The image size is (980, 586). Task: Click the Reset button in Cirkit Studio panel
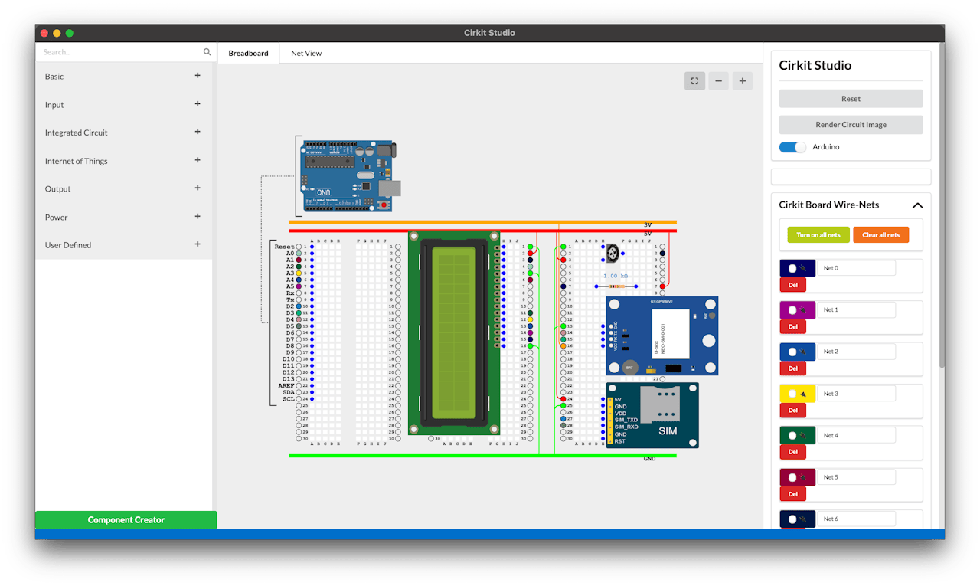851,99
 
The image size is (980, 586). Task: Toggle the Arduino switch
792,147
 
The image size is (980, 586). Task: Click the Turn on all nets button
818,234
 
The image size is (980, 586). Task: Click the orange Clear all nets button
880,234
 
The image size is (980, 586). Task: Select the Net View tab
305,54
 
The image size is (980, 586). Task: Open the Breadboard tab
248,54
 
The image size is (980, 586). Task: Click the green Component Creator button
126,520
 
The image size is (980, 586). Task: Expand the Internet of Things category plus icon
198,160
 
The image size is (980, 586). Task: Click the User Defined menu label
68,245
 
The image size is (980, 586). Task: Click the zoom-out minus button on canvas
717,80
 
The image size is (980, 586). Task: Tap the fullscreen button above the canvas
694,80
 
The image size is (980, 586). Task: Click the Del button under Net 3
792,410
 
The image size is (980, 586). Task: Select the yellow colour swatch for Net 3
797,394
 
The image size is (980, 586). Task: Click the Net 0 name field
856,268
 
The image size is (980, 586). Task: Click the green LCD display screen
454,333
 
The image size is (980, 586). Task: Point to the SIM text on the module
668,431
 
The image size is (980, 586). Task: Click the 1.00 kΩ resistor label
616,276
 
